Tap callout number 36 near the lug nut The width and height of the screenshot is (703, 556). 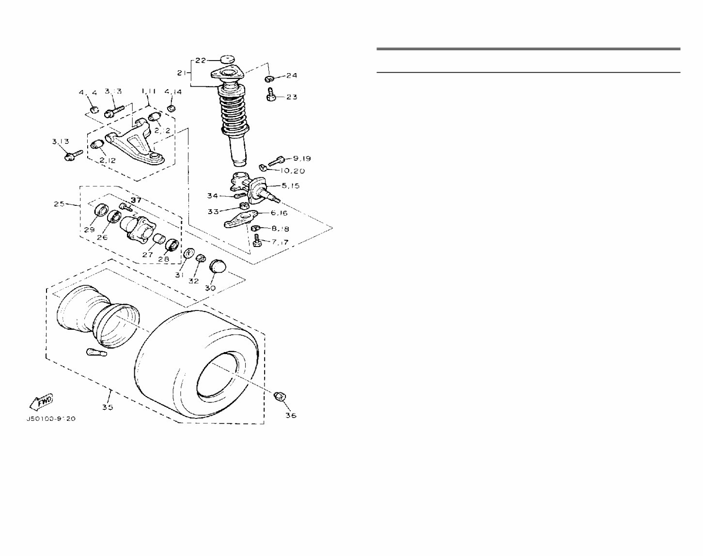click(x=290, y=415)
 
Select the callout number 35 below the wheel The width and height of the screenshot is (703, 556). click(x=108, y=407)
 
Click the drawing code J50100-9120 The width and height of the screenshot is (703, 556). click(x=51, y=419)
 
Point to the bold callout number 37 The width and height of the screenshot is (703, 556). click(x=136, y=200)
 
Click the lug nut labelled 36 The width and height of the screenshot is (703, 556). click(x=280, y=396)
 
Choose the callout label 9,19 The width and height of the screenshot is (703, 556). click(x=302, y=158)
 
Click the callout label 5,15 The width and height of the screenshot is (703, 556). click(x=290, y=185)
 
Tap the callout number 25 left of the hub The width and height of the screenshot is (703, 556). click(x=60, y=204)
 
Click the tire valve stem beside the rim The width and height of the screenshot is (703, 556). click(x=96, y=352)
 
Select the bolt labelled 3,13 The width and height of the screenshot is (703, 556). click(x=73, y=155)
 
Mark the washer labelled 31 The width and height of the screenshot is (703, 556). click(x=189, y=253)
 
